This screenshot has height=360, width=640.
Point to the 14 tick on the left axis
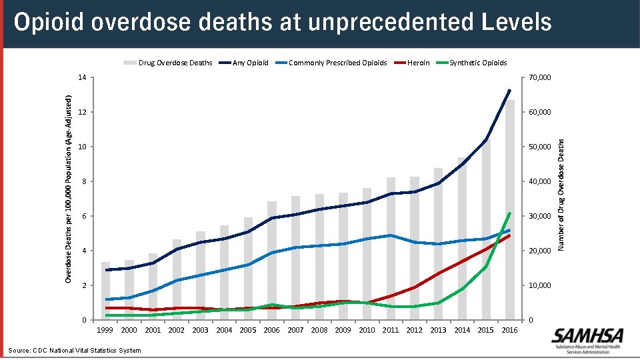pos(81,77)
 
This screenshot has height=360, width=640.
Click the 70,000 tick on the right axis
pos(539,77)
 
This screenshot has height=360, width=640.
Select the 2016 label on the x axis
pos(509,330)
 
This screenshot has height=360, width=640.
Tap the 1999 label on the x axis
pos(105,330)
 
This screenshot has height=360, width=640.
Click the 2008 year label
pos(319,330)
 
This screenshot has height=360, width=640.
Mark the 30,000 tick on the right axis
pos(539,216)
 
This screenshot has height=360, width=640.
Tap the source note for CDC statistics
pos(75,350)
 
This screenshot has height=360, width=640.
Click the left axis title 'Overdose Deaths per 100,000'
pos(68,187)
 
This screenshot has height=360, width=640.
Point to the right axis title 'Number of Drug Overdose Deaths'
pos(561,195)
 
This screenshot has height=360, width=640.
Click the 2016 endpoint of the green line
pos(510,213)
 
